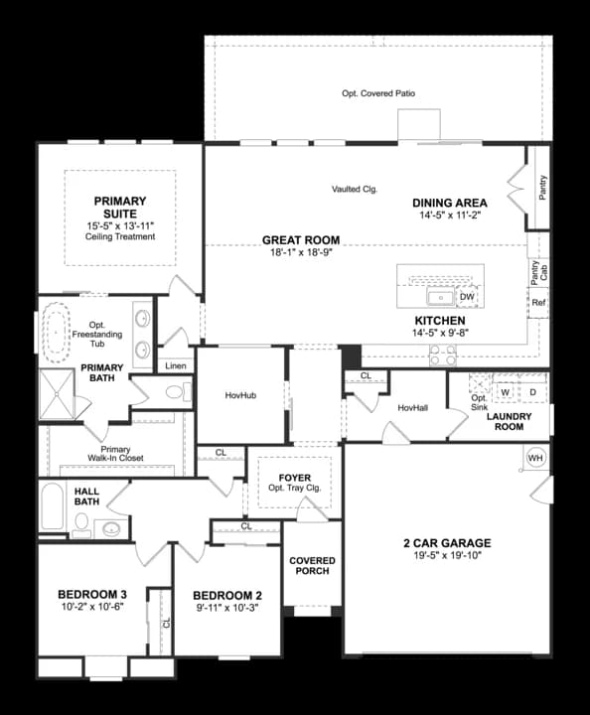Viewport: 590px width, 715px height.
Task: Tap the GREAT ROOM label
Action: pyautogui.click(x=301, y=240)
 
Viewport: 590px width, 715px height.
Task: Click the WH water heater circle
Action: pyautogui.click(x=536, y=458)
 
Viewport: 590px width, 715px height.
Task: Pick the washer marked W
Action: pyautogui.click(x=505, y=392)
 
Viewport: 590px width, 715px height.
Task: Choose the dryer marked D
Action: pyautogui.click(x=531, y=392)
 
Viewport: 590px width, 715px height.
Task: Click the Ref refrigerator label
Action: pyautogui.click(x=538, y=302)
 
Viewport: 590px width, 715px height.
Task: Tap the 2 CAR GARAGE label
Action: pyautogui.click(x=446, y=543)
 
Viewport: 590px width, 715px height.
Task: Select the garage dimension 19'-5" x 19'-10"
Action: pyautogui.click(x=446, y=557)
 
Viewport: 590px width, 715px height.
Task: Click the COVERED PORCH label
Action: pyautogui.click(x=313, y=566)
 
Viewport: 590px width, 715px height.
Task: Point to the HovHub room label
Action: pyautogui.click(x=240, y=395)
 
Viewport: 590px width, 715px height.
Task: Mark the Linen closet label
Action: pyautogui.click(x=176, y=365)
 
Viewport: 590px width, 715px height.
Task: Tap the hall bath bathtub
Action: pyautogui.click(x=53, y=508)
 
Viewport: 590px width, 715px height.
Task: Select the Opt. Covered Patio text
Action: pyautogui.click(x=378, y=93)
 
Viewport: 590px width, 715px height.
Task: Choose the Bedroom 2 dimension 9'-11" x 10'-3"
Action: pyautogui.click(x=225, y=608)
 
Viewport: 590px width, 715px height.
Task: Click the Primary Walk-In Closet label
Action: pyautogui.click(x=115, y=454)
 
